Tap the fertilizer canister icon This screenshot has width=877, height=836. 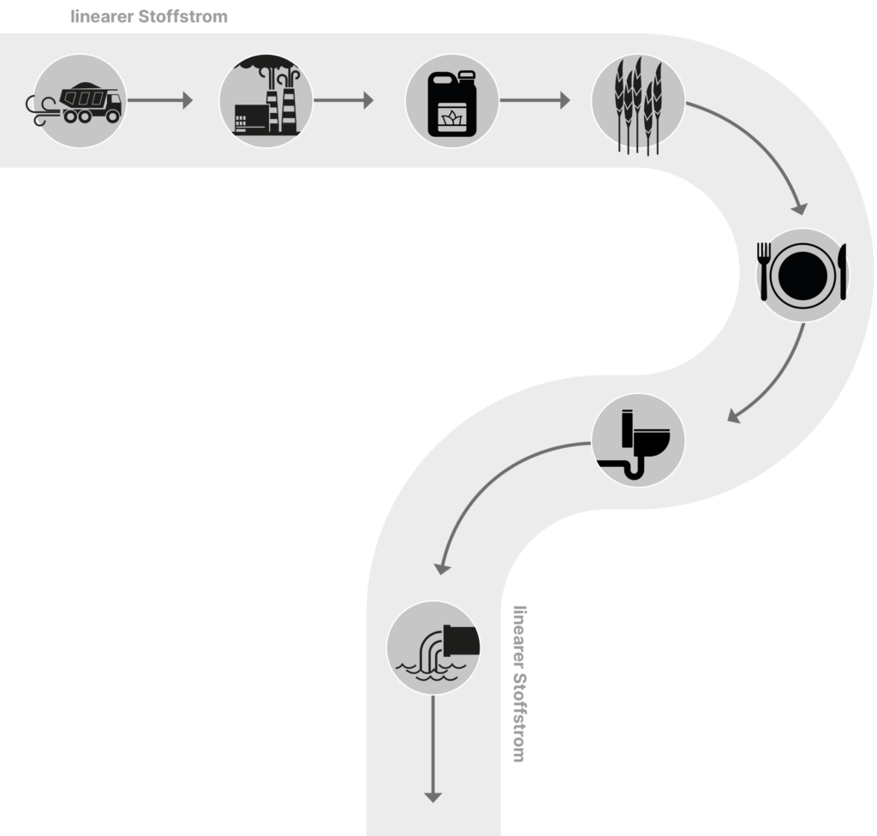click(452, 104)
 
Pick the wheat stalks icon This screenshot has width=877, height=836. click(638, 105)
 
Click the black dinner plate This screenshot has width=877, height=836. click(802, 275)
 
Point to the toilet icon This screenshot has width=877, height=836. click(635, 445)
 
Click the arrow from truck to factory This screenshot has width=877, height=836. click(160, 100)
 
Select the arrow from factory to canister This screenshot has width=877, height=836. click(343, 100)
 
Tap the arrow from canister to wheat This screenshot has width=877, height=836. click(534, 100)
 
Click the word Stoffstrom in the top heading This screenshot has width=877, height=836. click(183, 16)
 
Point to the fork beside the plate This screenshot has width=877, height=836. click(764, 272)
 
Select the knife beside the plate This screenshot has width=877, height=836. click(843, 272)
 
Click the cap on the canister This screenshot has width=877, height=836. click(467, 75)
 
